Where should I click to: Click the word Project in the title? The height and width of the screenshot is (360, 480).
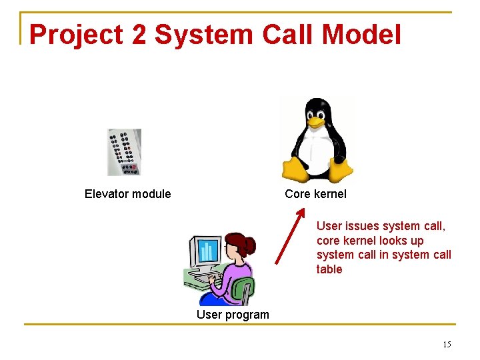[x=76, y=35]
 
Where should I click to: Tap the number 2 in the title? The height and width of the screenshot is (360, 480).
[x=139, y=35]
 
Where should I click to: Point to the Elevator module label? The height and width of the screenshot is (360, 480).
[x=127, y=194]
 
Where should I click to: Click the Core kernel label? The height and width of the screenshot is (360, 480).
[x=315, y=194]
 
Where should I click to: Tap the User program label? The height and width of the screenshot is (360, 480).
[x=233, y=315]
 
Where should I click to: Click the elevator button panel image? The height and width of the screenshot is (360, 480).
[x=124, y=152]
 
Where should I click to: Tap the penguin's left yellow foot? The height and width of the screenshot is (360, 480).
[x=295, y=170]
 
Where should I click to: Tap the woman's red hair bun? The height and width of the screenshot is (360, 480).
[x=249, y=245]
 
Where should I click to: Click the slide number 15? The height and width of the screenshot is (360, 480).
[x=447, y=344]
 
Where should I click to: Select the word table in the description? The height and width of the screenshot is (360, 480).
[x=329, y=269]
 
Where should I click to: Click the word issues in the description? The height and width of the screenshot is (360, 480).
[x=361, y=226]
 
